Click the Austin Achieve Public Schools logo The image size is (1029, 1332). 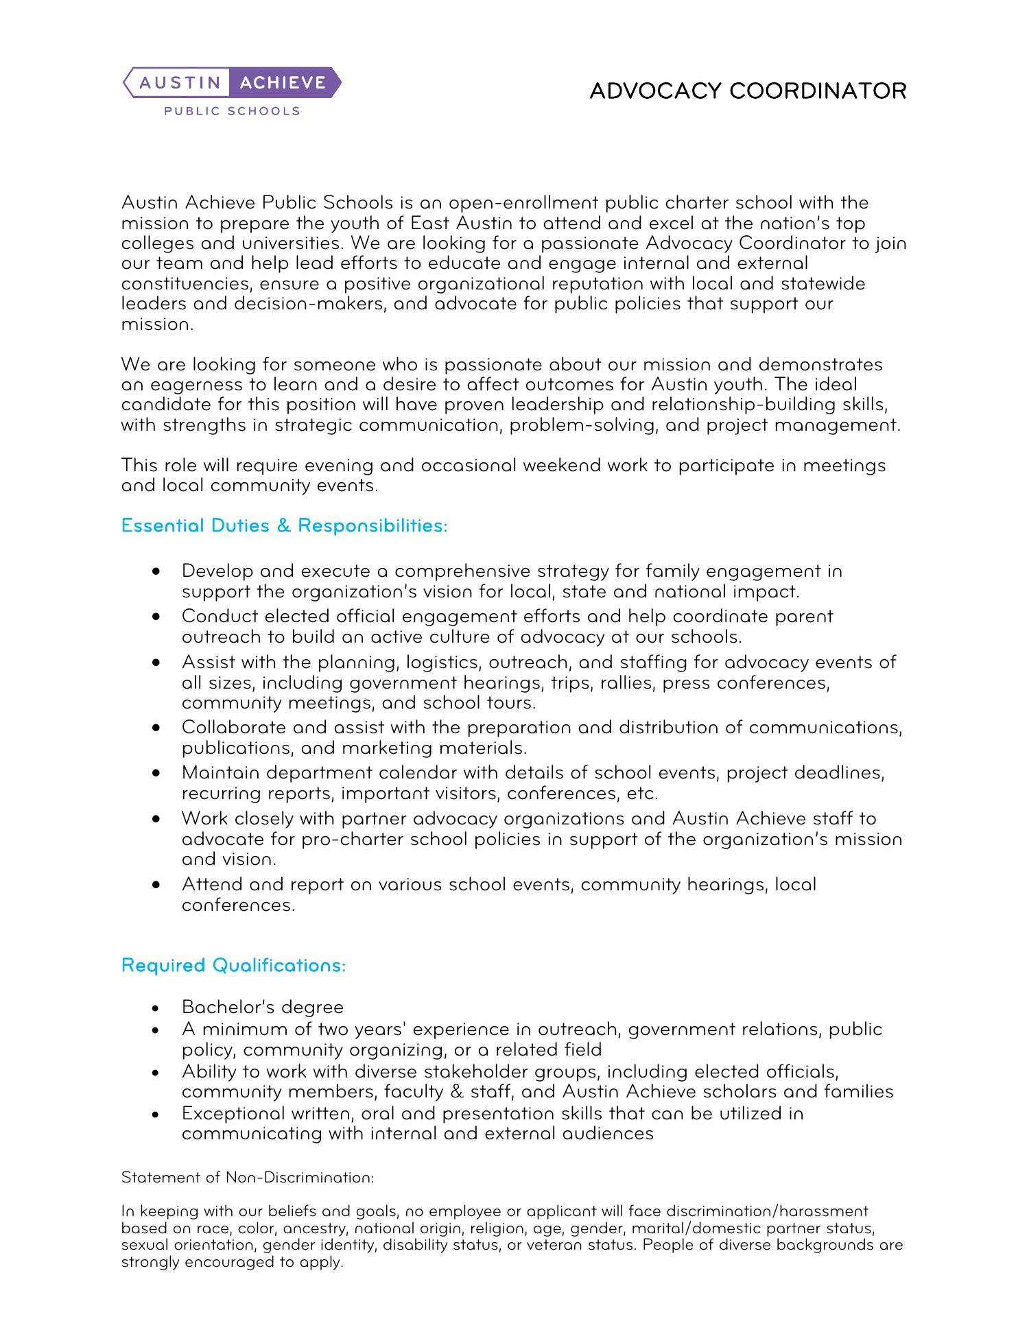[232, 91]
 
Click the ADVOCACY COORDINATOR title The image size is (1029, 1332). [748, 91]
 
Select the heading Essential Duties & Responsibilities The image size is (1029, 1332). [284, 526]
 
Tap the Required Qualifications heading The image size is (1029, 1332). [233, 965]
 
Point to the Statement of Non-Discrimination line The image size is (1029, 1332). [248, 1178]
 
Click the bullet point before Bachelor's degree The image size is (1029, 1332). [157, 1008]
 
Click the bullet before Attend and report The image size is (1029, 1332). [157, 885]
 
